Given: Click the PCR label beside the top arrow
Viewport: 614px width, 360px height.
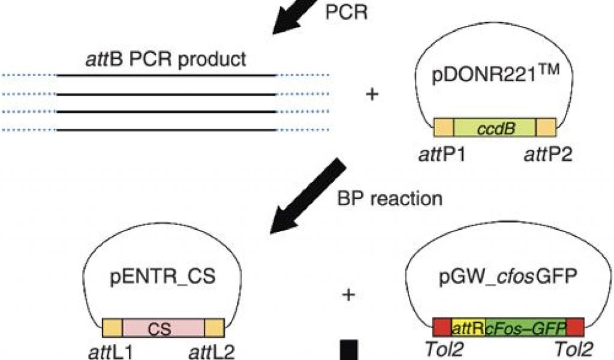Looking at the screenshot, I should coord(347,13).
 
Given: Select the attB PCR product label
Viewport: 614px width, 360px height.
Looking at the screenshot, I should coord(165,60).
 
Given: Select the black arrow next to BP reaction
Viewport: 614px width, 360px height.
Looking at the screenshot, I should coord(306,197).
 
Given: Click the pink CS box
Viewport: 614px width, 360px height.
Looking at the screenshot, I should coord(163,328).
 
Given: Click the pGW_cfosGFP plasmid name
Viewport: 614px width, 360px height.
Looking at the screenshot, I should coord(495,279).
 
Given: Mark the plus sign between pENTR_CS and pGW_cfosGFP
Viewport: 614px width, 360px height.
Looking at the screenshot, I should coord(348,294).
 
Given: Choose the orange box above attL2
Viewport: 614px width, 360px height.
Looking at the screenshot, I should coord(214,328).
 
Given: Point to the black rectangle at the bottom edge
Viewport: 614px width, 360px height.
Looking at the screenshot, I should coord(349,350).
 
